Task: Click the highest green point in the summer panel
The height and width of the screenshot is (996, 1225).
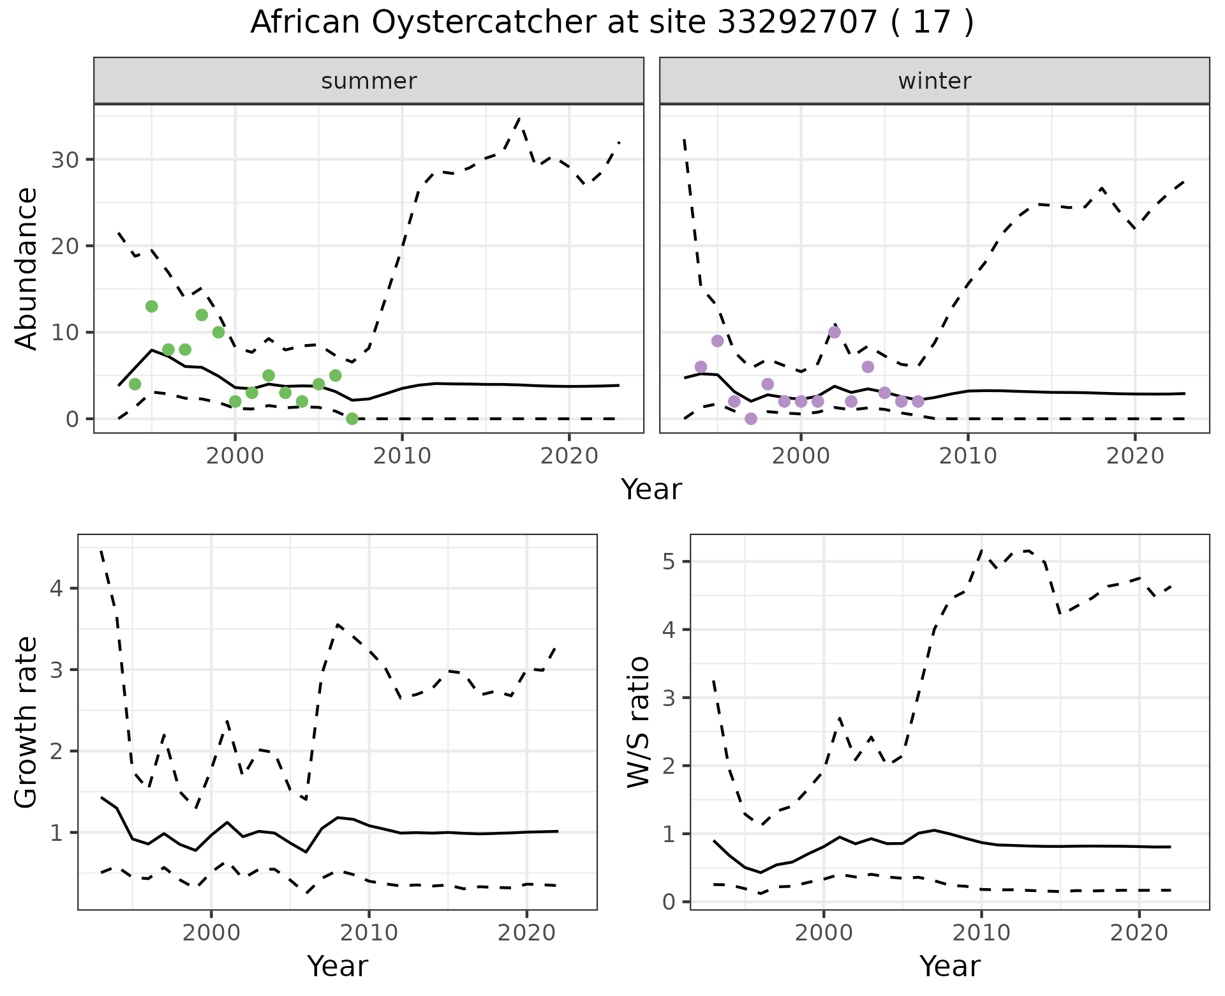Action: (151, 306)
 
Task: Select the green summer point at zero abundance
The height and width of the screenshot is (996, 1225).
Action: (352, 419)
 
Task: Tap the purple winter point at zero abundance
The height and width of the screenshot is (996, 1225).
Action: (751, 419)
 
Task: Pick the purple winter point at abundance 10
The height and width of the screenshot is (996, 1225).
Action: (834, 332)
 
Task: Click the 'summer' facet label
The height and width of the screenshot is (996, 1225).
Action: (369, 82)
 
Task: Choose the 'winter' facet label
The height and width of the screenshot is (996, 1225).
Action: (934, 82)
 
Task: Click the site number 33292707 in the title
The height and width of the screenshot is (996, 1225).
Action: (798, 23)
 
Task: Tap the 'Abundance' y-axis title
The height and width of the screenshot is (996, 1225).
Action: (27, 268)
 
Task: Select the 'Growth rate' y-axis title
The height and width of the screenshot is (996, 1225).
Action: (27, 723)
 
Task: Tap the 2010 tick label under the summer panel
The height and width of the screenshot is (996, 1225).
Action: (402, 456)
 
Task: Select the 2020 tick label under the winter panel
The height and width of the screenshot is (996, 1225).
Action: (1134, 456)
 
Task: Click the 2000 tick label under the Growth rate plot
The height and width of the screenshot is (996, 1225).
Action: (211, 933)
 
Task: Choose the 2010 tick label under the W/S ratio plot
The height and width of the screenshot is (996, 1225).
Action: (981, 933)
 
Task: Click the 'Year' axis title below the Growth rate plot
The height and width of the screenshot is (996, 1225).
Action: (338, 967)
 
